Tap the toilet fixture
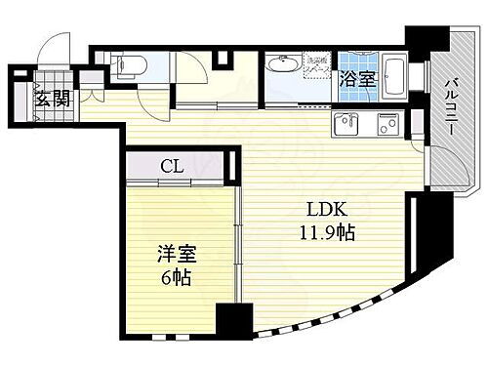[x=130, y=66]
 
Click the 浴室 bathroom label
[x=357, y=80]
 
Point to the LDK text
[x=323, y=211]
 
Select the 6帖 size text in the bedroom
[x=176, y=278]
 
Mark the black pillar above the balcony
[x=424, y=40]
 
